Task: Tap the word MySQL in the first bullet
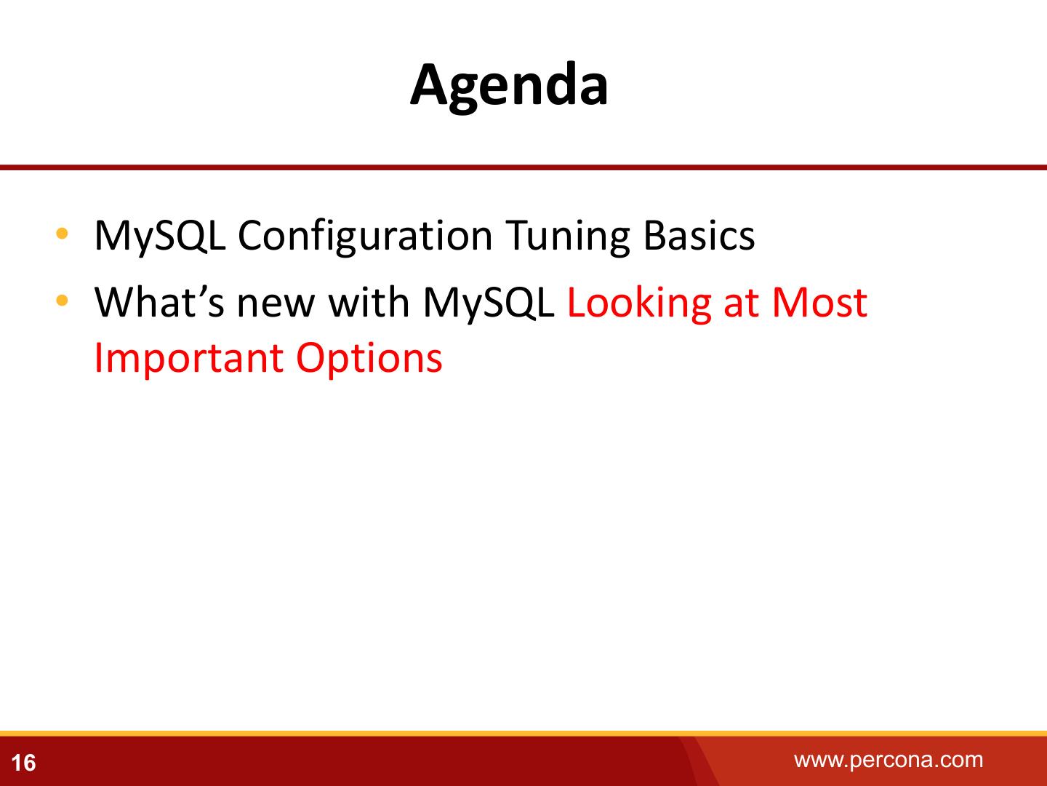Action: pos(160,236)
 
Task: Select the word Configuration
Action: pos(366,237)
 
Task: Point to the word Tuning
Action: pos(568,237)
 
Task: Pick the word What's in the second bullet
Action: pos(159,302)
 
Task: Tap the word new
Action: pos(276,306)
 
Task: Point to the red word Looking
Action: pos(639,304)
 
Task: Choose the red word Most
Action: pos(819,302)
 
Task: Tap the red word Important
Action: pos(189,360)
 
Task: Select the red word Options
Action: pos(369,360)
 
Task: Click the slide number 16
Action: pos(23,763)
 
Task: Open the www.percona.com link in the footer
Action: pos(888,760)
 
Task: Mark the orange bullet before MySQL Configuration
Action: pos(62,234)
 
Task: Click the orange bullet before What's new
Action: pos(62,300)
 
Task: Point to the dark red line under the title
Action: pos(523,167)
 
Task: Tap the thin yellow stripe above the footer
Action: pos(523,733)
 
